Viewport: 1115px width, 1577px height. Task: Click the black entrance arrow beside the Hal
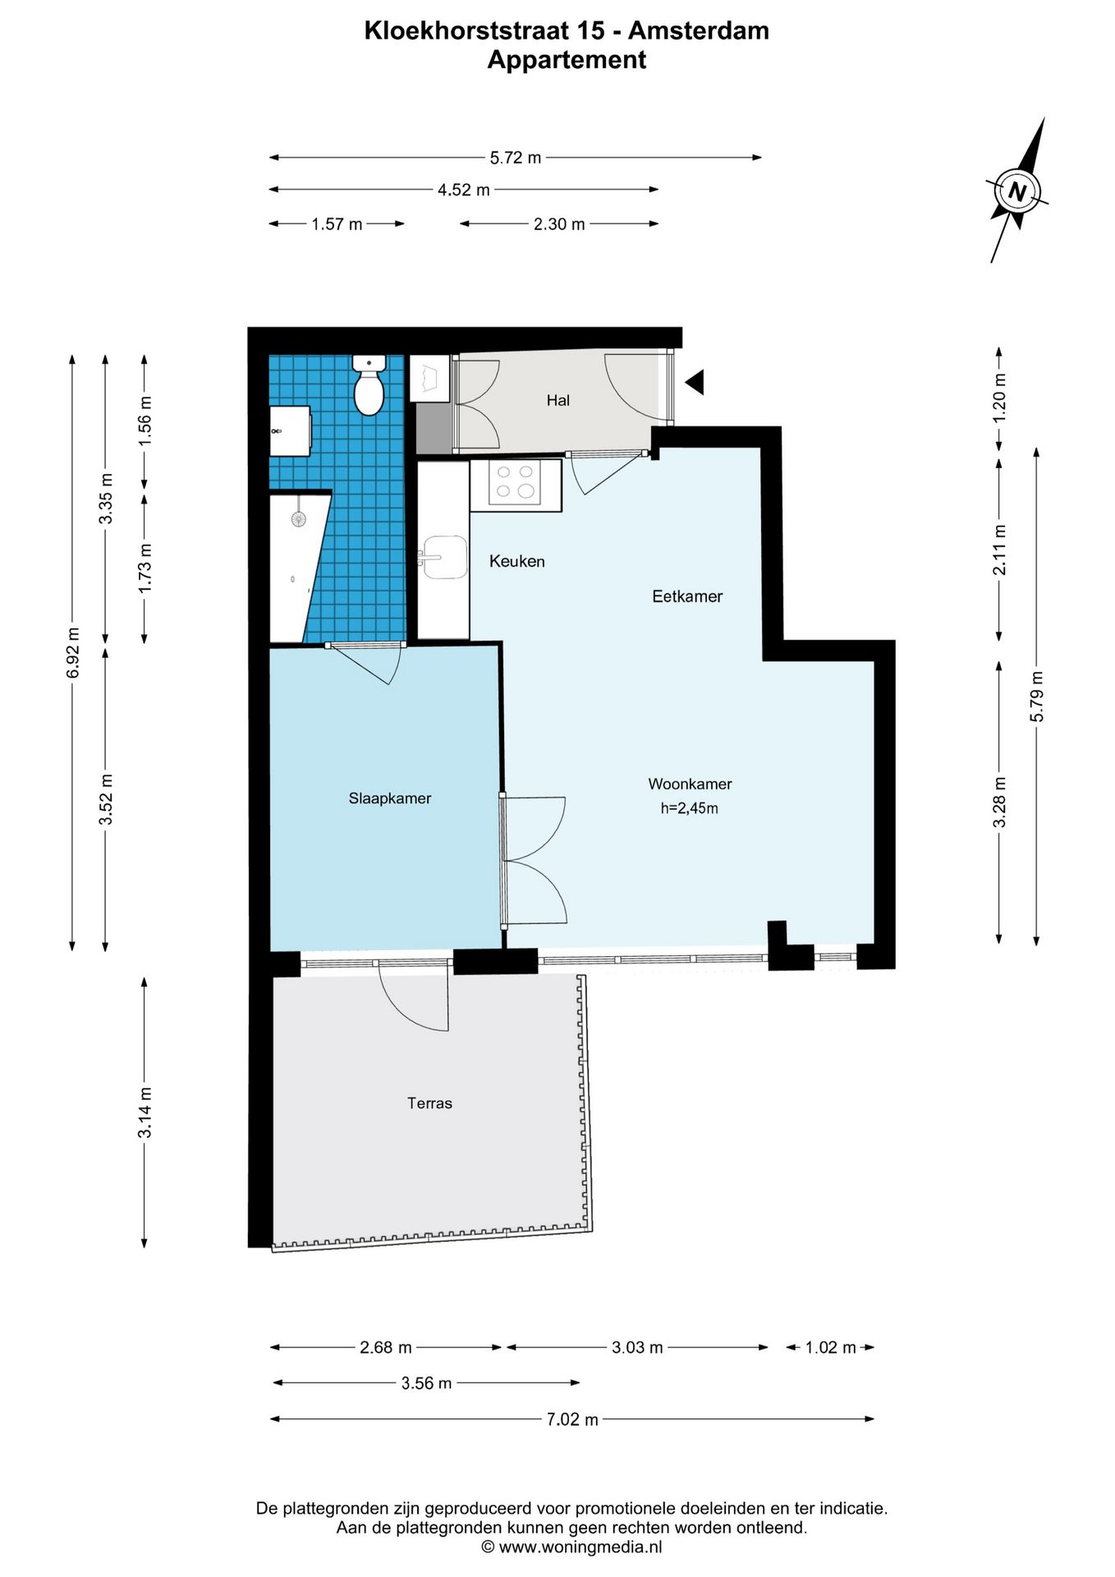tap(695, 382)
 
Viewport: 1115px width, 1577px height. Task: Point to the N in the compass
tap(1017, 192)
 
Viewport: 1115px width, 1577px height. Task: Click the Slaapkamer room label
tap(390, 798)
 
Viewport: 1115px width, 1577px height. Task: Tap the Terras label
tap(429, 1103)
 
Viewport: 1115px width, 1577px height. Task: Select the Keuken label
tap(517, 561)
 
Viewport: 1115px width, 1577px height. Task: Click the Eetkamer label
tap(687, 596)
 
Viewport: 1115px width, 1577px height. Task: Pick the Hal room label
tap(558, 400)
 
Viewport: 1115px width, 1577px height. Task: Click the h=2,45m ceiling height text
tap(690, 808)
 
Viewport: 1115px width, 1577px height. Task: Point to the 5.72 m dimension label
tap(516, 158)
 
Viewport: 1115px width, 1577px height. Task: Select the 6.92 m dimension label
tap(73, 653)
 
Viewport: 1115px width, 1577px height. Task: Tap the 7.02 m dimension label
tap(572, 1419)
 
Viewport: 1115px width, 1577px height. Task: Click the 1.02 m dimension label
tap(830, 1347)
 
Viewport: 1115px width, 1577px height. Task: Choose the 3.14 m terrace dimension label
tap(145, 1113)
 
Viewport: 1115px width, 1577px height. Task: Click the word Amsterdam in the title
tap(699, 31)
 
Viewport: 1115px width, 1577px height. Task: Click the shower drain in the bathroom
tap(298, 518)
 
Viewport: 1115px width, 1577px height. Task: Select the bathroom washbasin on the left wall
tap(290, 431)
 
